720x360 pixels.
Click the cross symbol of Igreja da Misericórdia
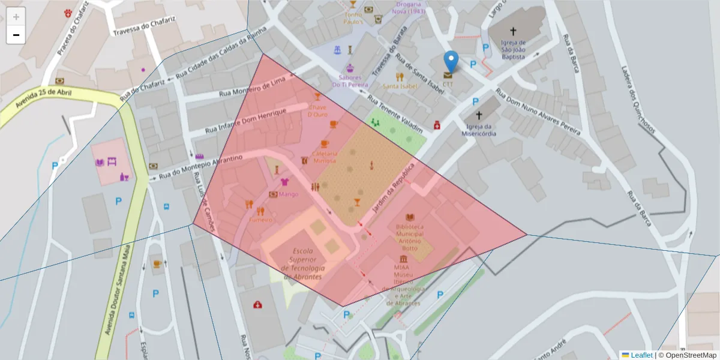(479, 115)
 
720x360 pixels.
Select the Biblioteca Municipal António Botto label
(410, 236)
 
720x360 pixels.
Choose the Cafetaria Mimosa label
(325, 157)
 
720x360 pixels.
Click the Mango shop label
(289, 194)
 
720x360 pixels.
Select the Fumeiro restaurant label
(261, 220)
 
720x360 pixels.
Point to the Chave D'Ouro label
(317, 111)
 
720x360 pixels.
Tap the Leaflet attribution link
(641, 355)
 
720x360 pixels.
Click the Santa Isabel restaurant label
(400, 86)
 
